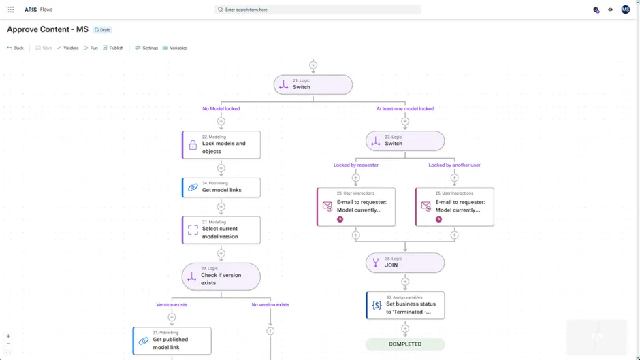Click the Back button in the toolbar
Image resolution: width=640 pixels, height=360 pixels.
point(15,48)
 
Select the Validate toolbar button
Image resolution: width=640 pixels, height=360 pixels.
point(67,48)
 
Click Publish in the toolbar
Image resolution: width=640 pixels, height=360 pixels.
point(113,48)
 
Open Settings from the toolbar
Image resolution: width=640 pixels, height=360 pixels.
point(146,48)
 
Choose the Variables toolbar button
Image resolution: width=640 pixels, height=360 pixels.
point(175,48)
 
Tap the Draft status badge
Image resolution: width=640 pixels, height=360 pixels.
point(102,30)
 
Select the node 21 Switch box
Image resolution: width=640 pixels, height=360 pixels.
point(313,84)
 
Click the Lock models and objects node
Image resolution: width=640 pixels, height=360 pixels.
point(221,145)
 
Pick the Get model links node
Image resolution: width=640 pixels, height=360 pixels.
point(221,187)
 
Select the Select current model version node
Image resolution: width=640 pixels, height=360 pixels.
point(221,230)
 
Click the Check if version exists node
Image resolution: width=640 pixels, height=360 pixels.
point(221,276)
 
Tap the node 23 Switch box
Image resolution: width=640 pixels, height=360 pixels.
point(405,141)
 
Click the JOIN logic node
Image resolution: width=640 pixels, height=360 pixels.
point(405,263)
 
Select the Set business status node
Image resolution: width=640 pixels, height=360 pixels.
point(405,306)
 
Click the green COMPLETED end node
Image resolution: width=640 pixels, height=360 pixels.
point(405,344)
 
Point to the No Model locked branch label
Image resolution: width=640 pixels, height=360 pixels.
point(221,108)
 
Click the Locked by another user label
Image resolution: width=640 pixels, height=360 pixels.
point(454,165)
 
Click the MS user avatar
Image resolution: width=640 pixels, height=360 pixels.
point(625,10)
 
